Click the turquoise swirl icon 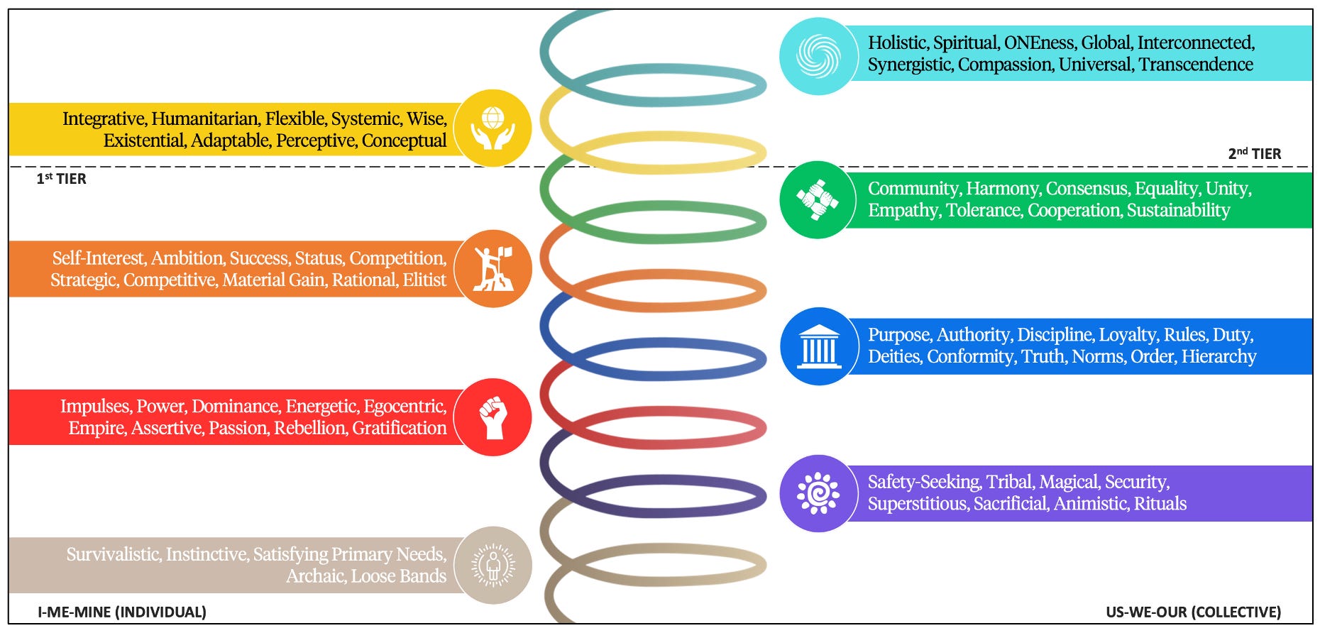click(818, 56)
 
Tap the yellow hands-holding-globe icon click(493, 128)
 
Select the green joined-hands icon click(818, 199)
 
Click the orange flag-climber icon click(493, 269)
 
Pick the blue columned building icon click(818, 346)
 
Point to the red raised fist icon click(493, 417)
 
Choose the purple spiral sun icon click(818, 493)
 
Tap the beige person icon click(493, 565)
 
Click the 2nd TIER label click(1254, 154)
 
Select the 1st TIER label click(62, 179)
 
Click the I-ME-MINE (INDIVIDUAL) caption click(122, 612)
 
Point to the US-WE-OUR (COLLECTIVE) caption click(1193, 612)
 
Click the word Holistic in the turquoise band click(897, 43)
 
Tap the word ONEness click(1038, 43)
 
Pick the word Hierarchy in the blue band click(1219, 356)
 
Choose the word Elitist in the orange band click(424, 280)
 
